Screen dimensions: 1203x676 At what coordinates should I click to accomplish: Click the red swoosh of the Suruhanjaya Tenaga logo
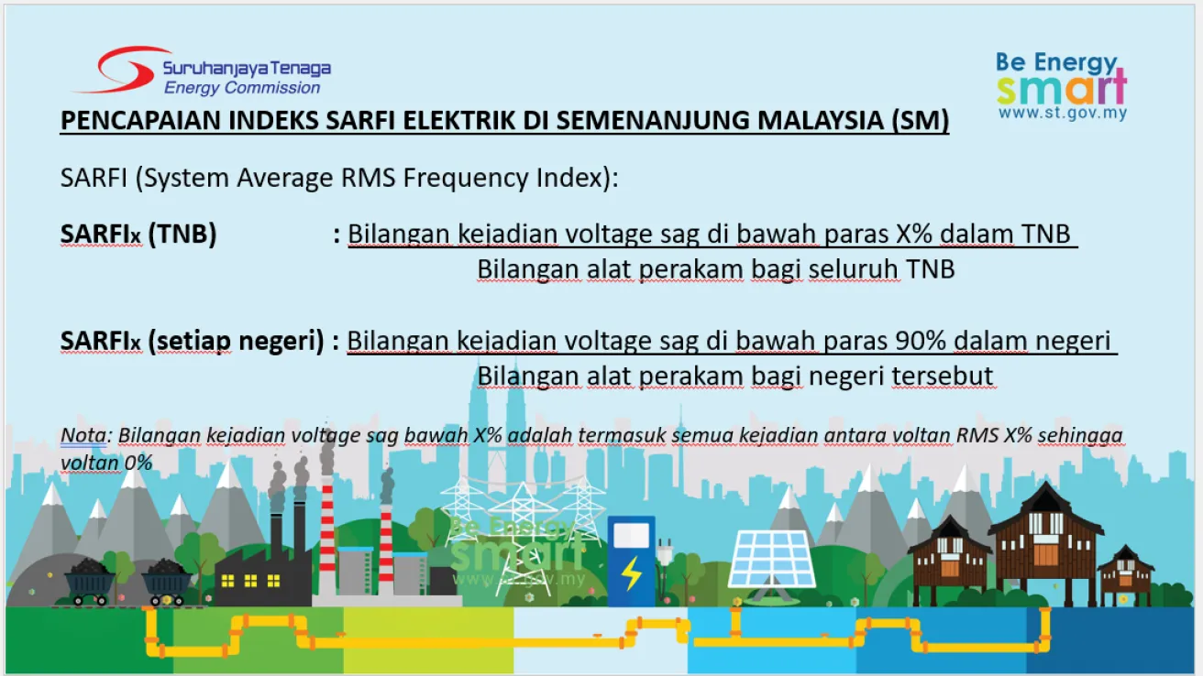[116, 70]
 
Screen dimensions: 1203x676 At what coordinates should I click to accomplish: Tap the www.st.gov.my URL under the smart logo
[1063, 114]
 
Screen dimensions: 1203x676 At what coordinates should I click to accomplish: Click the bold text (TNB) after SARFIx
[182, 234]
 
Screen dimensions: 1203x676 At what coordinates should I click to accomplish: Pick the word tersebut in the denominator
[943, 376]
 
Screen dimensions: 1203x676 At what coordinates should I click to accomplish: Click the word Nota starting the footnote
[83, 435]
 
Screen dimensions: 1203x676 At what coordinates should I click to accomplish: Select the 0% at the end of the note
[138, 463]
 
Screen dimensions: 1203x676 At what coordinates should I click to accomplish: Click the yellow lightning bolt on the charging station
[632, 573]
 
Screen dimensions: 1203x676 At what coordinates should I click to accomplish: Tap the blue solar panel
[772, 559]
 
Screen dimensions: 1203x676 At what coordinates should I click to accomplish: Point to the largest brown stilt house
[1045, 542]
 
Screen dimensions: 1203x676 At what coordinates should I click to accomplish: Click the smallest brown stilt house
[1125, 573]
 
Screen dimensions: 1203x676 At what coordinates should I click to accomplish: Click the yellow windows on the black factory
[251, 581]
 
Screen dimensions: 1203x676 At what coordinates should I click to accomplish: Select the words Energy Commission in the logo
[242, 87]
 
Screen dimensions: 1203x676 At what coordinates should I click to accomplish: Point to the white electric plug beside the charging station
[665, 552]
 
